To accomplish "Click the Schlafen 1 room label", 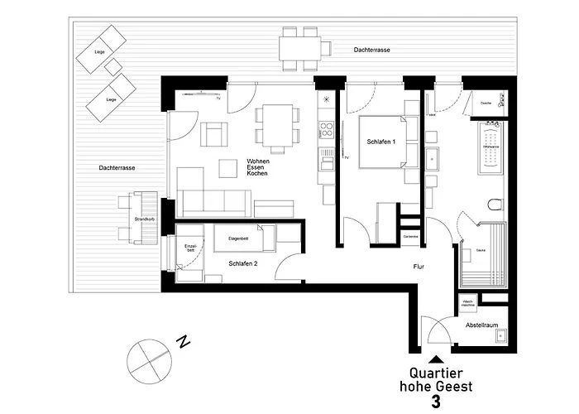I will (382, 142).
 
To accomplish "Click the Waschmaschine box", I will (467, 302).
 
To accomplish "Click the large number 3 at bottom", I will (435, 402).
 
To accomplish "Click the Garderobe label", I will (410, 237).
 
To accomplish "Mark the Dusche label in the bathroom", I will (486, 103).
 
